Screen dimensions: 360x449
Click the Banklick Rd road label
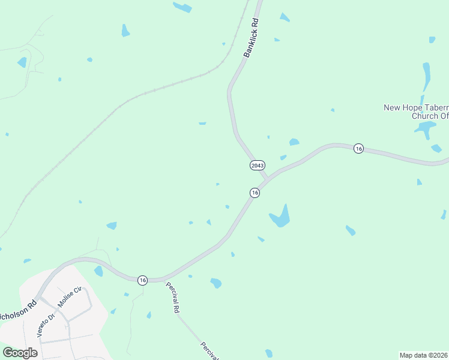click(252, 38)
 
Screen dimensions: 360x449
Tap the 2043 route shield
click(257, 164)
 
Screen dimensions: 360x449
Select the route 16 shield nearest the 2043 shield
click(255, 193)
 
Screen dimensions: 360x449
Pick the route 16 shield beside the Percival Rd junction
click(142, 280)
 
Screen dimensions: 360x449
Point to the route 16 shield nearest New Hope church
click(358, 148)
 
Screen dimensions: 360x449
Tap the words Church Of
click(429, 116)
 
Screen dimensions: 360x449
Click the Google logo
click(19, 353)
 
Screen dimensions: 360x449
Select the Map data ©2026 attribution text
click(423, 355)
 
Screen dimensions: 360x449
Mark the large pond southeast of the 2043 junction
click(280, 217)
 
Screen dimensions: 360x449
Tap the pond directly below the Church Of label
click(425, 128)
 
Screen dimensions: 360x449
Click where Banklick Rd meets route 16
click(267, 179)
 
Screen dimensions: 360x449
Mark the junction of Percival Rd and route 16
click(164, 279)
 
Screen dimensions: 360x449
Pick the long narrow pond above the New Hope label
click(426, 76)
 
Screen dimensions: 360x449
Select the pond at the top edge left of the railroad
click(182, 7)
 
